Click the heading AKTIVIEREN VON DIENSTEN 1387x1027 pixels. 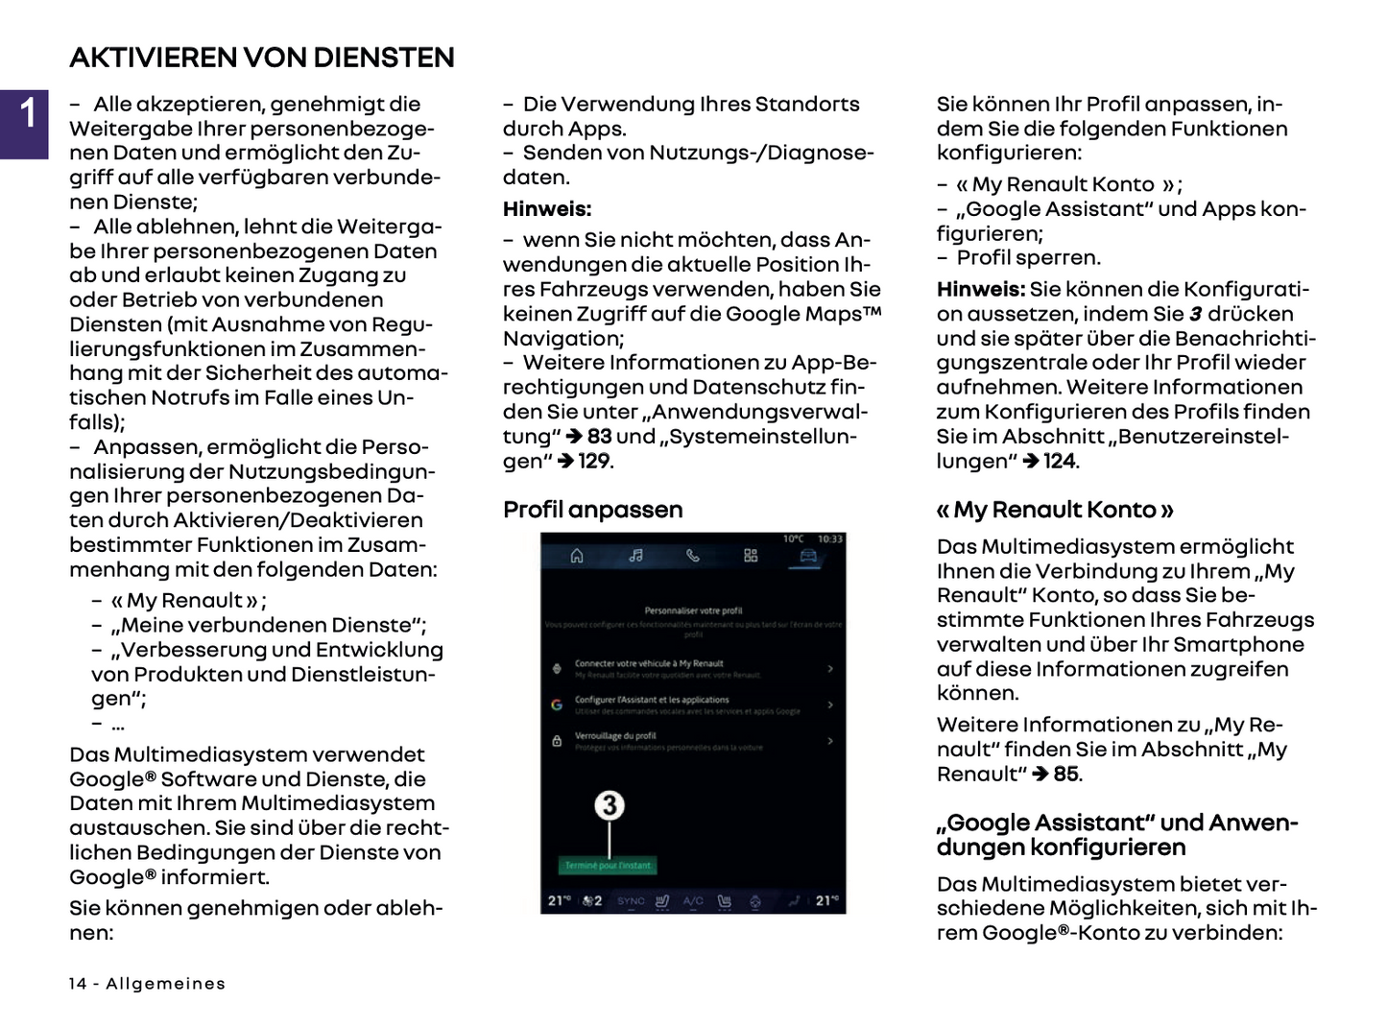point(262,58)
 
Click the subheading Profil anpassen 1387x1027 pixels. point(592,510)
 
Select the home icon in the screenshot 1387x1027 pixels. point(577,556)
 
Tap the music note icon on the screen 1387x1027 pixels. point(635,556)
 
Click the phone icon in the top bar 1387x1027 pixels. point(693,556)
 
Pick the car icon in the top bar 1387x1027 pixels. point(808,556)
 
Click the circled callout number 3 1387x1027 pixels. point(610,804)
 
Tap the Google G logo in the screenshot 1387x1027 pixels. point(557,705)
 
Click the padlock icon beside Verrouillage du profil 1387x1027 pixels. point(557,741)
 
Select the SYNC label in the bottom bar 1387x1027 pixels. point(631,901)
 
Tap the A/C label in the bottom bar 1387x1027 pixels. point(693,901)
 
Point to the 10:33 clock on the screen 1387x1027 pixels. point(829,539)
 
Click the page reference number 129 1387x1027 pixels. point(594,461)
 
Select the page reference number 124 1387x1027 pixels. point(1060,461)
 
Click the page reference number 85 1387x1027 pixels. point(1066,774)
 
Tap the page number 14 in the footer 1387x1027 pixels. point(78,984)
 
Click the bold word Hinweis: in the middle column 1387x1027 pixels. point(547,209)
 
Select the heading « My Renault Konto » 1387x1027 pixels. point(1055,510)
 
